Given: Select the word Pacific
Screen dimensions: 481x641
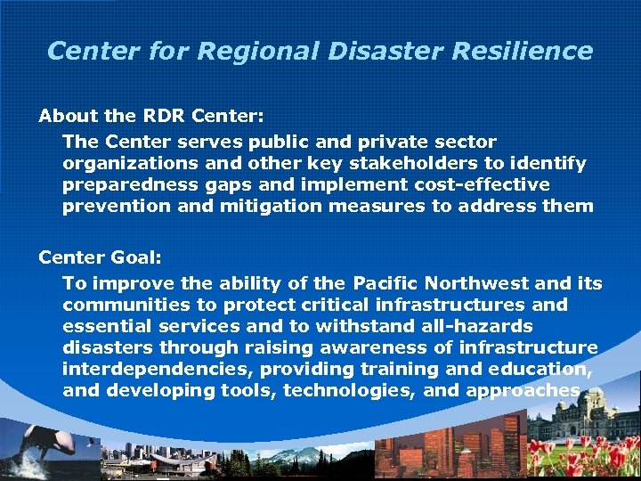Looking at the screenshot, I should pyautogui.click(x=386, y=284).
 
